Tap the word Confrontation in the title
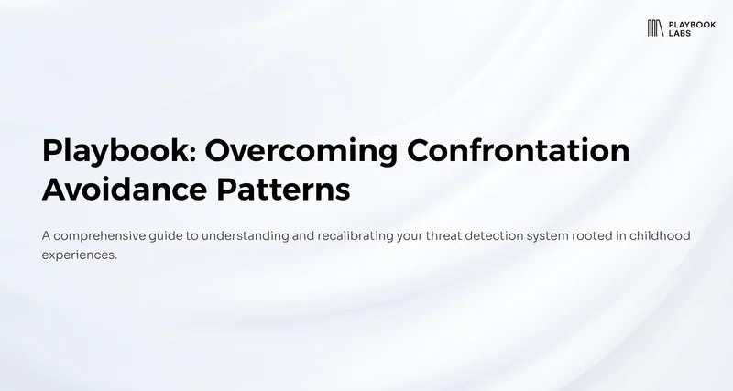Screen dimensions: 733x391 [519, 150]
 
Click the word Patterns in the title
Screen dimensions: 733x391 [283, 190]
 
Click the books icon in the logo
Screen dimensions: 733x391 [655, 28]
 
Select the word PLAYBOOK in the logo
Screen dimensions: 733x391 [692, 25]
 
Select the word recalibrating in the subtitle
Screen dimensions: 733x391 [356, 235]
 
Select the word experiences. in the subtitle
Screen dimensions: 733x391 [80, 255]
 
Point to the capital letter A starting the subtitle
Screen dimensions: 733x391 [47, 235]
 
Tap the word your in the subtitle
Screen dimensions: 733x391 [410, 237]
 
